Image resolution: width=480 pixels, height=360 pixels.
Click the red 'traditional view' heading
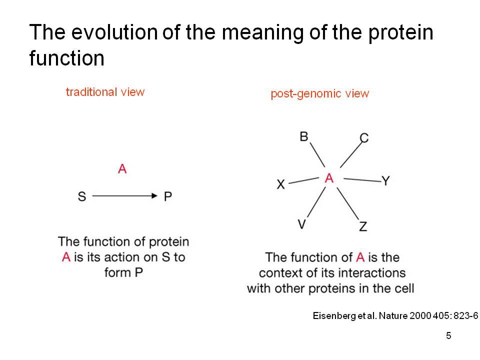105,92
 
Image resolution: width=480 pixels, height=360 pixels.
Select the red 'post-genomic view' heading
320,93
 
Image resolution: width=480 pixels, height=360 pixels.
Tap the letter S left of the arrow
82,196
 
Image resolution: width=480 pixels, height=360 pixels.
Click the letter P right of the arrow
168,196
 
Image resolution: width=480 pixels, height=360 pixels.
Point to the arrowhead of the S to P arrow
154,196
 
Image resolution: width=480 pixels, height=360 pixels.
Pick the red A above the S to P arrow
122,168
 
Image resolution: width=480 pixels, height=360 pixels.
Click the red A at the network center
329,178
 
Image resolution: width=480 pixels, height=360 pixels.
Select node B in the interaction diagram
303,136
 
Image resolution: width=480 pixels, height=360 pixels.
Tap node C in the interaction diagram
364,138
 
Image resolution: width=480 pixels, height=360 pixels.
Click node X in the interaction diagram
280,184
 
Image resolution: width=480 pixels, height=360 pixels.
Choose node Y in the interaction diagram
385,180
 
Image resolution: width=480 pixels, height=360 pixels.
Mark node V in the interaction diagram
302,224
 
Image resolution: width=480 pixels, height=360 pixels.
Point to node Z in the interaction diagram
363,226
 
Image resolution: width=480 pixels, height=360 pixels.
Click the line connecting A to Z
348,203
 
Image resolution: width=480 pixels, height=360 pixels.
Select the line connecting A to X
303,180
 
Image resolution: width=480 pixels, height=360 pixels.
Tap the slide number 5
448,336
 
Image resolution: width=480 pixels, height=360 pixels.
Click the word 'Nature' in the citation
393,315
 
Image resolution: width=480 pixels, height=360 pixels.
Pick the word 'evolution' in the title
114,32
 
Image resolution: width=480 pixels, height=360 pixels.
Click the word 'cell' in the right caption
404,288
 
